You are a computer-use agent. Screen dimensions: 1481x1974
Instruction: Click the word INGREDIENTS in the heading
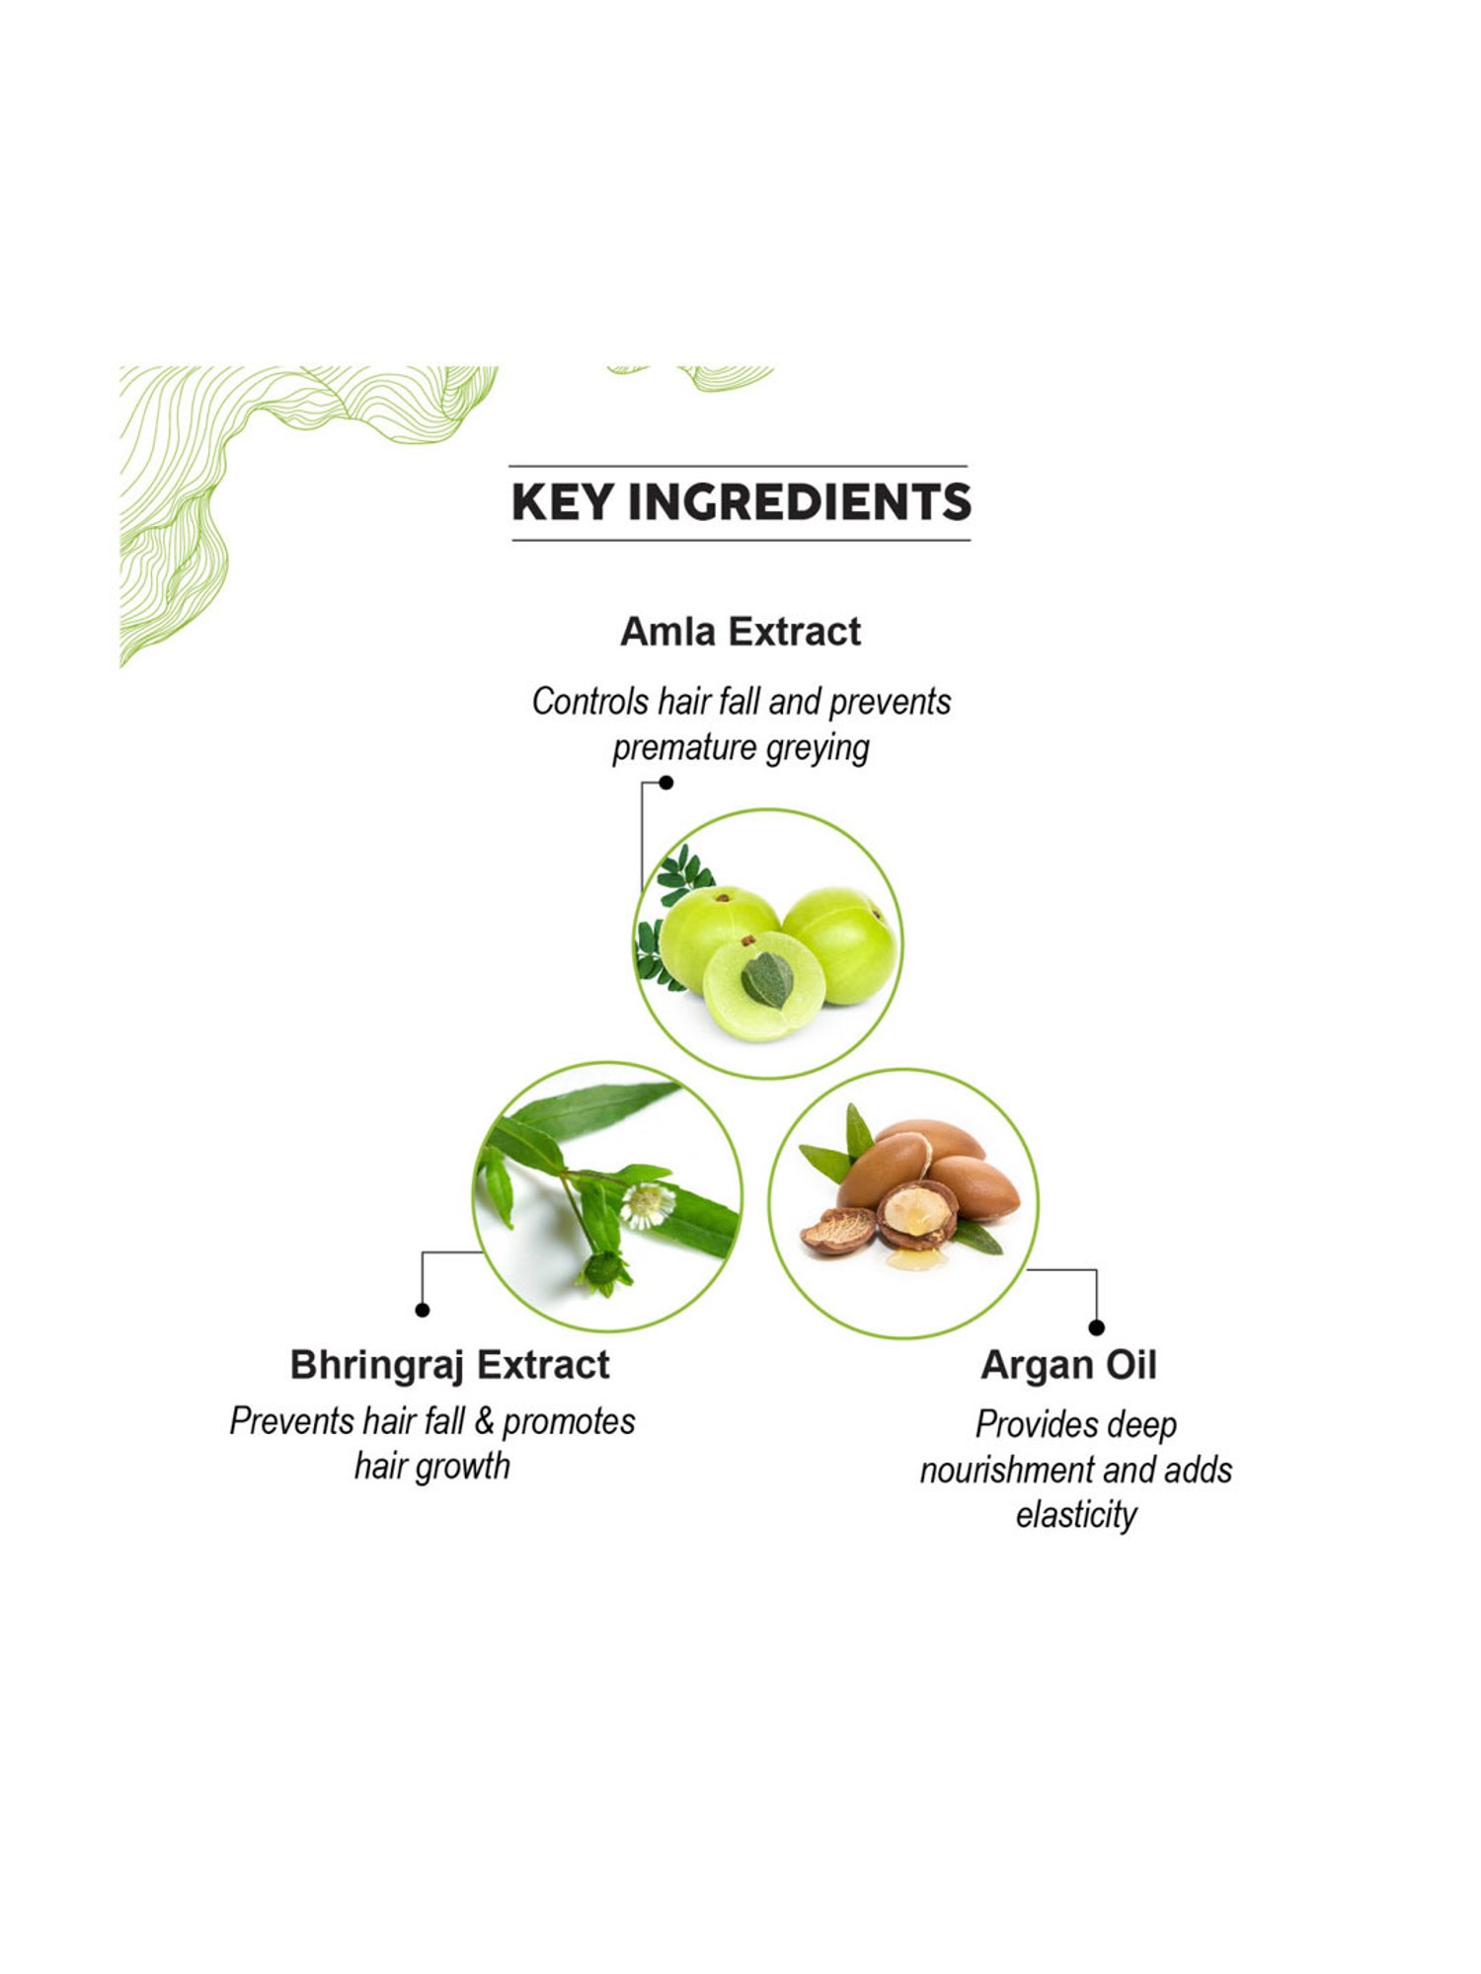(x=800, y=501)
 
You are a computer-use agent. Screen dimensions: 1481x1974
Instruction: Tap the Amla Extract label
(x=740, y=632)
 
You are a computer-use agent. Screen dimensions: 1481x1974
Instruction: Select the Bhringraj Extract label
(x=449, y=1365)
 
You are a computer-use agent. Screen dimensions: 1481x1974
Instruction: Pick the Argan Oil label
(x=1068, y=1365)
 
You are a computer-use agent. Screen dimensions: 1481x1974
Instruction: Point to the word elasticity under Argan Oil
(x=1076, y=1515)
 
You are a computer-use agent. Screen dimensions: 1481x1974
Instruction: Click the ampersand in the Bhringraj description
(x=484, y=1422)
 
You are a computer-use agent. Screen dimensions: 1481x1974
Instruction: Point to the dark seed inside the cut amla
(x=767, y=979)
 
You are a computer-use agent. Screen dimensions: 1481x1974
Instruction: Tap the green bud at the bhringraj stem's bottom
(x=602, y=1270)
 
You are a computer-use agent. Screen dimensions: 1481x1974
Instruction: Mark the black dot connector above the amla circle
(x=666, y=783)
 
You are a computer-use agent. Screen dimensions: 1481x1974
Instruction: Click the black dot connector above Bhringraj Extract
(x=423, y=1310)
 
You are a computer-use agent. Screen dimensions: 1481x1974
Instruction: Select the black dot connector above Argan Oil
(x=1097, y=1328)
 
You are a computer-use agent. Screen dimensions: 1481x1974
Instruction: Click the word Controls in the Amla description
(x=590, y=702)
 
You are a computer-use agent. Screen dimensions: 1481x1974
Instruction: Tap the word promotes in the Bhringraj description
(x=569, y=1422)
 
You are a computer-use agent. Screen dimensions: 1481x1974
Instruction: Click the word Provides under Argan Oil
(x=1037, y=1425)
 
